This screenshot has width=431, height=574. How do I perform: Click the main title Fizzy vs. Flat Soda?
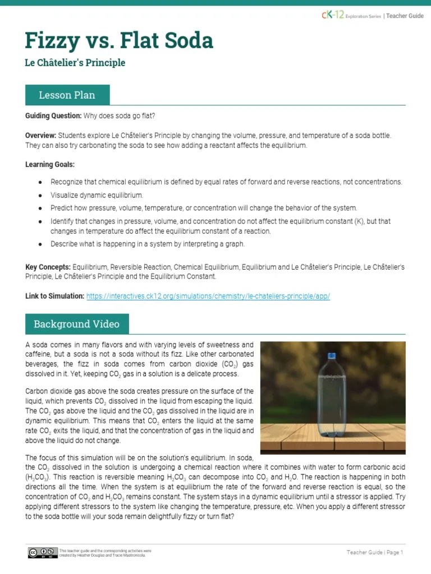[119, 41]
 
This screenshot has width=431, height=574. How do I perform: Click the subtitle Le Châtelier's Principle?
[75, 63]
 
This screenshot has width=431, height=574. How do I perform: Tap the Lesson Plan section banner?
[67, 95]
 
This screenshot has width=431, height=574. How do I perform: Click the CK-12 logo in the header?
[332, 16]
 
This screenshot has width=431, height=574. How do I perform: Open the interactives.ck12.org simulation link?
[208, 296]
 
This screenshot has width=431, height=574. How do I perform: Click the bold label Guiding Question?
[53, 116]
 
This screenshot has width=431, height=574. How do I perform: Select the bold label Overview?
[40, 136]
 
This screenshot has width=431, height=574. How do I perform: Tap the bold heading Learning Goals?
[49, 164]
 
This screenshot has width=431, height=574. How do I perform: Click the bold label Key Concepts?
[48, 267]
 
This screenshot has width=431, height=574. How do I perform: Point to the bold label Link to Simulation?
[55, 296]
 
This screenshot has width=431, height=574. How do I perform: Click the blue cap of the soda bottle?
[331, 355]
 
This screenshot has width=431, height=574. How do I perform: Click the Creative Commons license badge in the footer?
[42, 553]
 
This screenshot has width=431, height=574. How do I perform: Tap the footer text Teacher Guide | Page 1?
[375, 553]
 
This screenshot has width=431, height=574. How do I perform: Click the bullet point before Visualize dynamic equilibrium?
[40, 195]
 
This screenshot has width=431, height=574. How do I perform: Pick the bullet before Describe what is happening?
[40, 244]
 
